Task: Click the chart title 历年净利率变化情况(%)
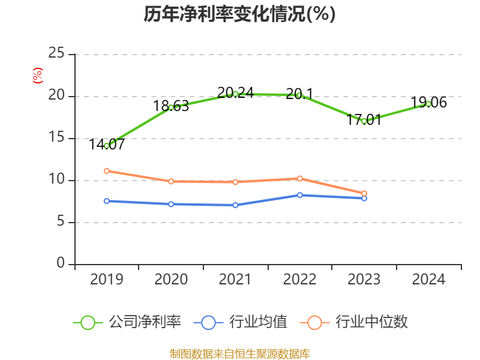pos(239,14)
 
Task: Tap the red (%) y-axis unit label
pos(38,76)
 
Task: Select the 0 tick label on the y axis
pos(61,264)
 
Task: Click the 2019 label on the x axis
pos(107,280)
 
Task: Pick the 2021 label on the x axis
pos(235,280)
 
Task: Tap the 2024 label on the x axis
pos(428,280)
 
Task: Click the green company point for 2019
pos(107,146)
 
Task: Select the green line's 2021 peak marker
pos(235,94)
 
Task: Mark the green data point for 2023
pos(364,121)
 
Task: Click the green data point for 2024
pos(428,103)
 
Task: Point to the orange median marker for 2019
pos(107,170)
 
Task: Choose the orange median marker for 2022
pos(299,178)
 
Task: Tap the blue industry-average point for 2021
pos(235,205)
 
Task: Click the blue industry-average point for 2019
pos(107,201)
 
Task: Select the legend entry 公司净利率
pos(127,322)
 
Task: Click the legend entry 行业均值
pos(241,322)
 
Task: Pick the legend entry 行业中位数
pos(357,322)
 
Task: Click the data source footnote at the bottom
pos(240,353)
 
